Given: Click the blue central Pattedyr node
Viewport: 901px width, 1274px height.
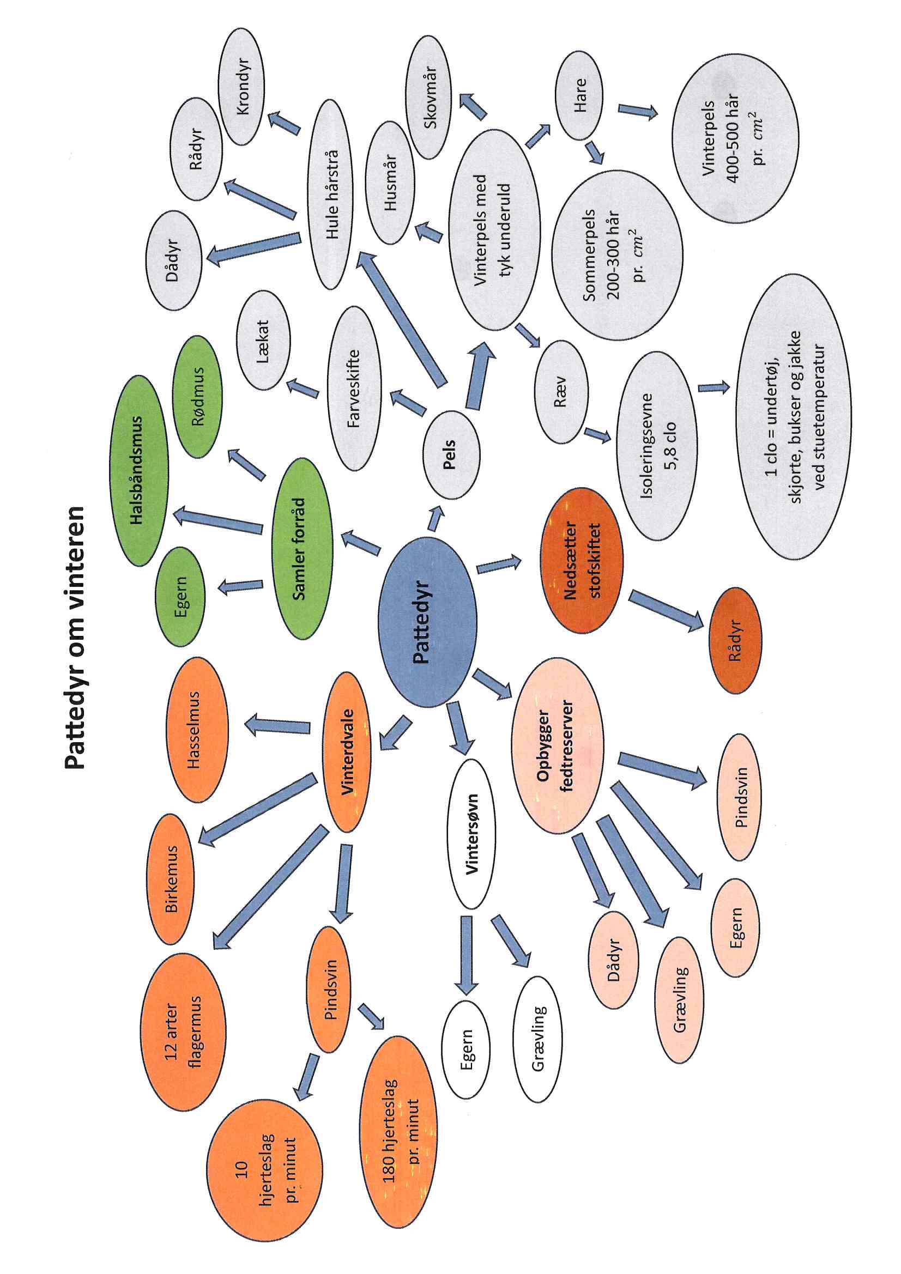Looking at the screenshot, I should click(x=427, y=621).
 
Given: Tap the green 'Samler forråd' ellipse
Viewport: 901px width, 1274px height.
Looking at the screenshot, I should click(x=303, y=548).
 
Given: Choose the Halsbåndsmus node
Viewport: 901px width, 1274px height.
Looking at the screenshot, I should click(x=139, y=471).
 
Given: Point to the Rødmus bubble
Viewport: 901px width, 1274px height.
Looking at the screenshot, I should click(x=197, y=396).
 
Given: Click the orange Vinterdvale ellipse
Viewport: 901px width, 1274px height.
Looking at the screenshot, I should click(x=347, y=752).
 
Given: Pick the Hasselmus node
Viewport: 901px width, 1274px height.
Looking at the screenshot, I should click(x=197, y=730).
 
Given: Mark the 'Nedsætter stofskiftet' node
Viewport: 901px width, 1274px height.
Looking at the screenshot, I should click(x=581, y=560).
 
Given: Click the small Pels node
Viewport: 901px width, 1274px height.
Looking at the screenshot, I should click(x=451, y=454).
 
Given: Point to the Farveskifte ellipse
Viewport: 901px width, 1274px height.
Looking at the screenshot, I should click(x=354, y=389).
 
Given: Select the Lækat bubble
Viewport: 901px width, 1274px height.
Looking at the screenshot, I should click(x=263, y=340).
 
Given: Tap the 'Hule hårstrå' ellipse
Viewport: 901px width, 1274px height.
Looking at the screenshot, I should click(x=331, y=194).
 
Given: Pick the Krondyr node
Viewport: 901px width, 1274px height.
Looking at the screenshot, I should click(x=241, y=86).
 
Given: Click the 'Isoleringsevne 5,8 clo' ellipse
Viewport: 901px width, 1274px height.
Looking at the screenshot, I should click(x=657, y=446).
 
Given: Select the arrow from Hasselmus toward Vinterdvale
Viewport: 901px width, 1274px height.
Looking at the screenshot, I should click(x=277, y=725).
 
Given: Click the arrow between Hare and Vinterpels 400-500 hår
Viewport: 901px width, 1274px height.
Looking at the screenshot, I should click(x=637, y=111).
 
